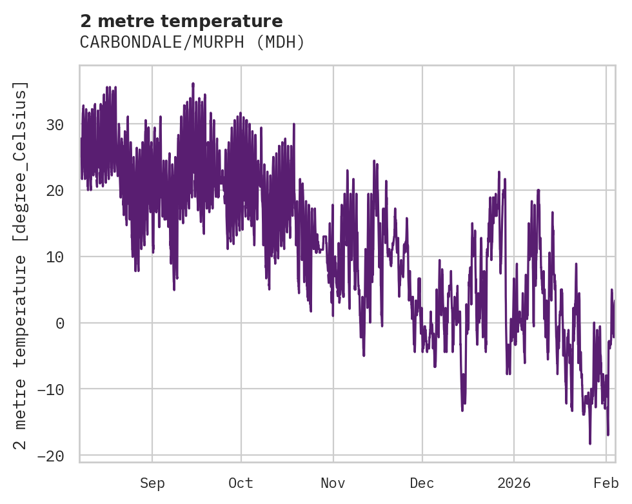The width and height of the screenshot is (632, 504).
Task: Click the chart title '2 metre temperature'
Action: [181, 21]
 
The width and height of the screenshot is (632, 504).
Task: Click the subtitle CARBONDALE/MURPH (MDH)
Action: [192, 43]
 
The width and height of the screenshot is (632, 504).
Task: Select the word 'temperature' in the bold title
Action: [226, 21]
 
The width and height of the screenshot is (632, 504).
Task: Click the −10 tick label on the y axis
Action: [51, 390]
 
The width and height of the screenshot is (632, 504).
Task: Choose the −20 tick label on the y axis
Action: [51, 456]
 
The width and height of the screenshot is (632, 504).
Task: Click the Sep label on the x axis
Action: [152, 483]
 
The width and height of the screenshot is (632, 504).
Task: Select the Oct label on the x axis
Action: [241, 483]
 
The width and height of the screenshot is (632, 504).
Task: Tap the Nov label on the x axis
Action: [333, 483]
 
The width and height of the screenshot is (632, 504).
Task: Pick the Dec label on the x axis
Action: [422, 483]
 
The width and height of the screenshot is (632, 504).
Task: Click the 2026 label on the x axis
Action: [514, 483]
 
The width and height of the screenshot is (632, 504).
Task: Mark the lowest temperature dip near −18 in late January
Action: [589, 443]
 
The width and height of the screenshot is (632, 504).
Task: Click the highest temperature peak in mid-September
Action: [193, 84]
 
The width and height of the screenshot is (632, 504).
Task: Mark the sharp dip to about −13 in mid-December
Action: [462, 410]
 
